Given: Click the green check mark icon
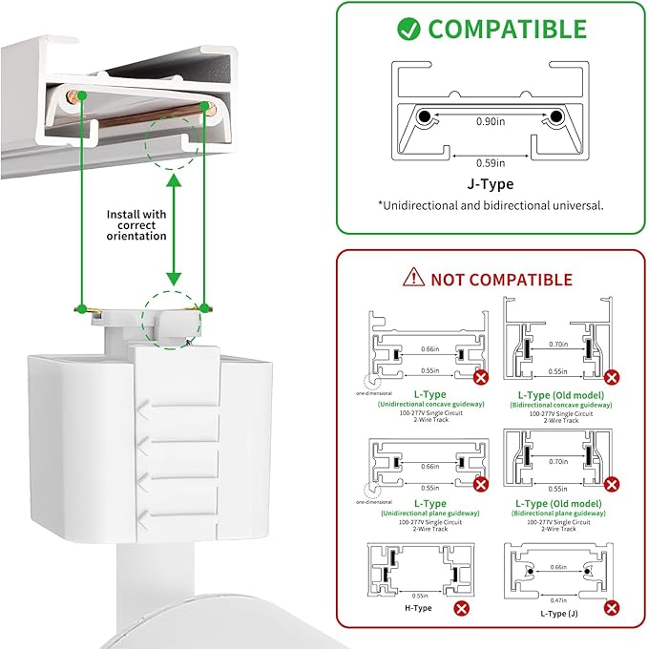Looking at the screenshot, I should click(x=408, y=30).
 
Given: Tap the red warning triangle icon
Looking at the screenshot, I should click(x=413, y=278).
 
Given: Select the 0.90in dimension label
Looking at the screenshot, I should click(x=491, y=122).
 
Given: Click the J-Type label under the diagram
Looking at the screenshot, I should click(x=491, y=184).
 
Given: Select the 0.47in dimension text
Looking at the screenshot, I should click(x=558, y=601).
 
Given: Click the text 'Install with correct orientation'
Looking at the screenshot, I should click(x=137, y=225).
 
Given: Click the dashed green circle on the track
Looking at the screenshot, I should click(x=173, y=139).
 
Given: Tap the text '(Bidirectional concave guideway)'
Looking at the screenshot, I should click(x=559, y=404).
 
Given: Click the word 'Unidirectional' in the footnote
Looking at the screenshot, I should click(x=427, y=204).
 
